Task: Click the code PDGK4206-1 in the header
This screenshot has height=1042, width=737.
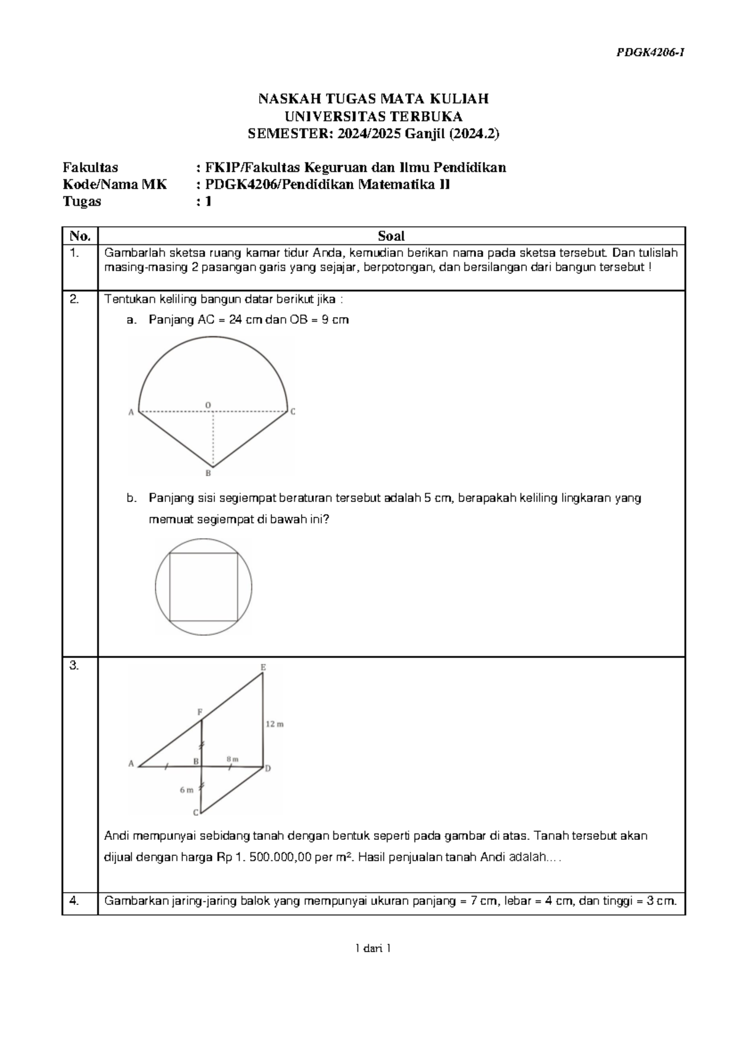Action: tap(650, 53)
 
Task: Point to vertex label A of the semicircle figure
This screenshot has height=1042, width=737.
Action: tap(131, 413)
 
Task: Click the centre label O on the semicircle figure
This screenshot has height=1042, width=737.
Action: tap(208, 404)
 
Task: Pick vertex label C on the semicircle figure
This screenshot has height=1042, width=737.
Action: tap(293, 412)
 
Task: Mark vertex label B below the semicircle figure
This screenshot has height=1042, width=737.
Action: tap(208, 473)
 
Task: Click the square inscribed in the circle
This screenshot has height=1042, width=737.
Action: tap(203, 587)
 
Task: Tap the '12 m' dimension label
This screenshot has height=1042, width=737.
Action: tap(275, 724)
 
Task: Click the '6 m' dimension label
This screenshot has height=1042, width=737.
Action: tap(186, 790)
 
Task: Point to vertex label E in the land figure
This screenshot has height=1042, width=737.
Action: tap(263, 667)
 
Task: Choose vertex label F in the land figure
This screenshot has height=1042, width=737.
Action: tap(200, 712)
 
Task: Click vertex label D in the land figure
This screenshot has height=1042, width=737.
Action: tap(268, 769)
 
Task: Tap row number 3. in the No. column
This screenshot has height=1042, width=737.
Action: tap(74, 666)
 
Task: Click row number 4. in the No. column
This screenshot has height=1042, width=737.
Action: tap(74, 902)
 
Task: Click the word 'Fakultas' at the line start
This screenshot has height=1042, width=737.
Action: tap(90, 167)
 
